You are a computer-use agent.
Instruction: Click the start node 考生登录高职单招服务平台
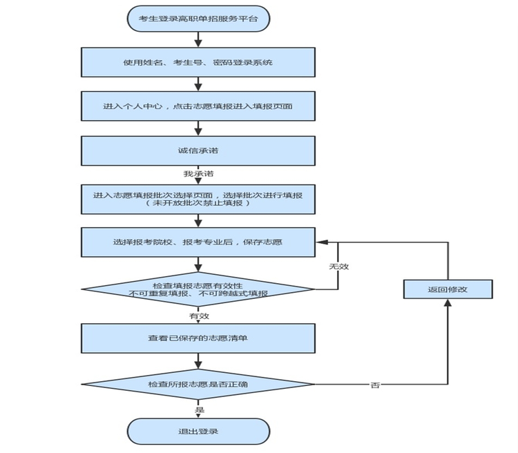(198, 19)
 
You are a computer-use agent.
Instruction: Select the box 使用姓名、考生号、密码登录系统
(198, 62)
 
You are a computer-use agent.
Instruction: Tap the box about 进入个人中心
(198, 106)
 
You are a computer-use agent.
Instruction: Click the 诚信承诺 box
(198, 150)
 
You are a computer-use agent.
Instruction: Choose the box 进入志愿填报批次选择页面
(198, 199)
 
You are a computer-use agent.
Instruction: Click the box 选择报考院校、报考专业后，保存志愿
(198, 242)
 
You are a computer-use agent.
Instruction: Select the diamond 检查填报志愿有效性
(198, 289)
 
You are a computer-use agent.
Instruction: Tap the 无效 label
(338, 266)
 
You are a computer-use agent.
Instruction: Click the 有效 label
(199, 316)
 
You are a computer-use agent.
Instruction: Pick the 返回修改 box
(448, 289)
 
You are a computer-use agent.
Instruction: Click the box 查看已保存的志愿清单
(198, 338)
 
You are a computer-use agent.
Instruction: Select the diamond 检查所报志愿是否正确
(198, 384)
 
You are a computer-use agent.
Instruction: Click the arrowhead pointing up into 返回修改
(448, 303)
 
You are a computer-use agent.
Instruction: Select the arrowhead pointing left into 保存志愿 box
(320, 242)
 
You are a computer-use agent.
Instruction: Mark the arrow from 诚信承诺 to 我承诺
(198, 166)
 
